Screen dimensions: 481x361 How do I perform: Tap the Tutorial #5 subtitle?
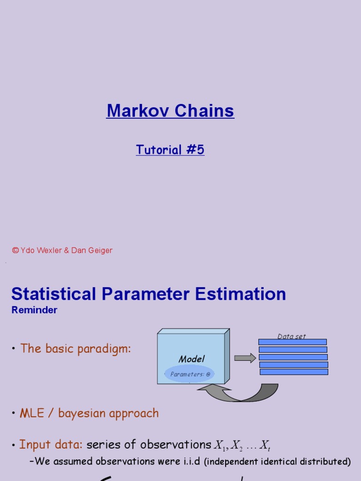point(170,150)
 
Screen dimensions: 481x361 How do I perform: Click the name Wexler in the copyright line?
point(47,250)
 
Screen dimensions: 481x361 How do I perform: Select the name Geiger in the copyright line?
point(99,250)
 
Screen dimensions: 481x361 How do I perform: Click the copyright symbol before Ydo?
point(15,250)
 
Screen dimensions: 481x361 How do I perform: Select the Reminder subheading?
point(34,310)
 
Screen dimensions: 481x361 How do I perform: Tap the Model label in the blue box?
point(192,359)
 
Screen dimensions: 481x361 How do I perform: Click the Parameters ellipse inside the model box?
point(189,374)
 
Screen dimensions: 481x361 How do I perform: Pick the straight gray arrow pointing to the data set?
point(244,358)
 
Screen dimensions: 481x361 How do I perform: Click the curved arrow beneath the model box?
point(240,393)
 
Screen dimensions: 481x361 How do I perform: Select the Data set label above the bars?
point(291,336)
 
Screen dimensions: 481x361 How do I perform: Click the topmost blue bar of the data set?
point(292,342)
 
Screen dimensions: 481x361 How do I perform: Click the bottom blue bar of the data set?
point(294,372)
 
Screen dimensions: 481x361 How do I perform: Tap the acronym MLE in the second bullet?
point(31,413)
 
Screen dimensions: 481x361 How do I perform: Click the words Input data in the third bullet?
point(51,444)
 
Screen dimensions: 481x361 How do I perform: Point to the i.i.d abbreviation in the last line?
point(190,461)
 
